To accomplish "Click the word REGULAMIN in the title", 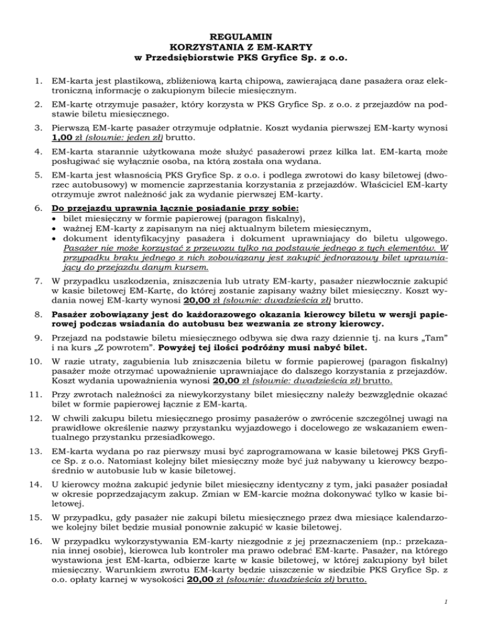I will [x=241, y=36].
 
